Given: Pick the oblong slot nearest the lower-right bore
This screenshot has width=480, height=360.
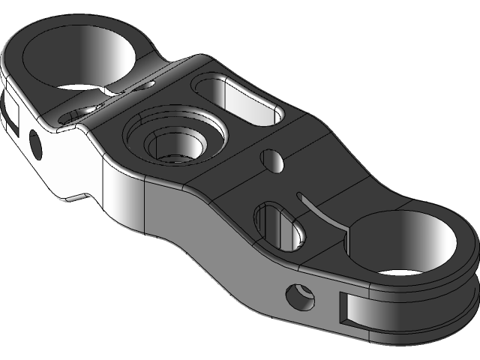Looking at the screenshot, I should tap(281, 225).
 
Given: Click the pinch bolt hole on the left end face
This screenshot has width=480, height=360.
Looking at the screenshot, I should tap(34, 144).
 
